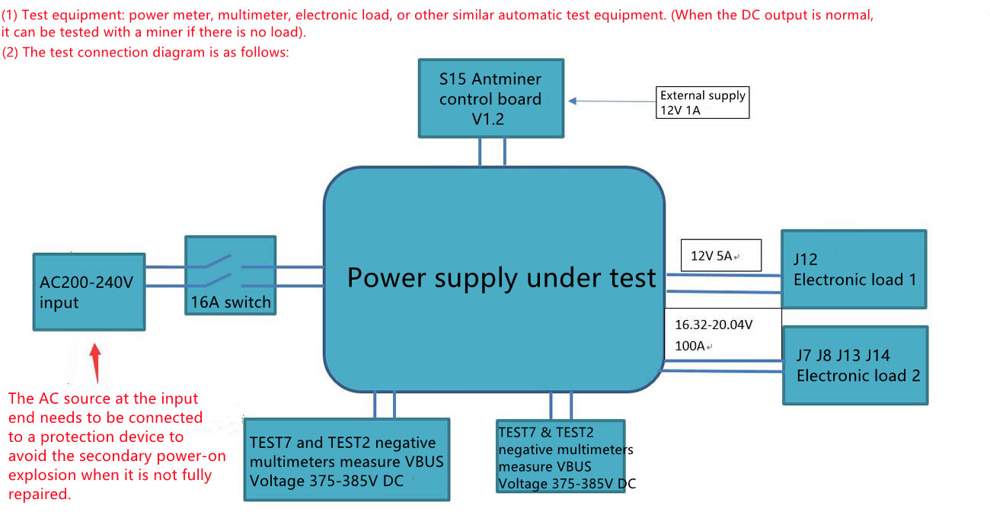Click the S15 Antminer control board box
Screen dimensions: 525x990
click(x=491, y=98)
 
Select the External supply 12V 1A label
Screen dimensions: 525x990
click(x=702, y=103)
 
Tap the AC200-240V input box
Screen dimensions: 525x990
click(x=88, y=292)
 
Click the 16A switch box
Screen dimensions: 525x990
click(x=230, y=275)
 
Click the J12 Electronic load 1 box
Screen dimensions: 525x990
click(x=854, y=269)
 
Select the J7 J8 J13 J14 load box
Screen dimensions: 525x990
click(x=855, y=365)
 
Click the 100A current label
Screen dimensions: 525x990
click(x=690, y=346)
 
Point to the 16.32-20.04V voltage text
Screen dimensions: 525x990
click(x=714, y=325)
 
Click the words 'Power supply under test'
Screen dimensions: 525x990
click(x=501, y=277)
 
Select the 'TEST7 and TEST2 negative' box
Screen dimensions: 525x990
click(x=346, y=459)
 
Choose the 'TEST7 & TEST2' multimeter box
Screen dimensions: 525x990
click(x=560, y=456)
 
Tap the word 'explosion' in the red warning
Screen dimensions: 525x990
click(x=39, y=475)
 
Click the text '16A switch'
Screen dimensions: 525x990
click(x=231, y=302)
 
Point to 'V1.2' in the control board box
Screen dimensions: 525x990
click(x=487, y=118)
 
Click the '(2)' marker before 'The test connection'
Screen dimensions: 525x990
click(x=11, y=52)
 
